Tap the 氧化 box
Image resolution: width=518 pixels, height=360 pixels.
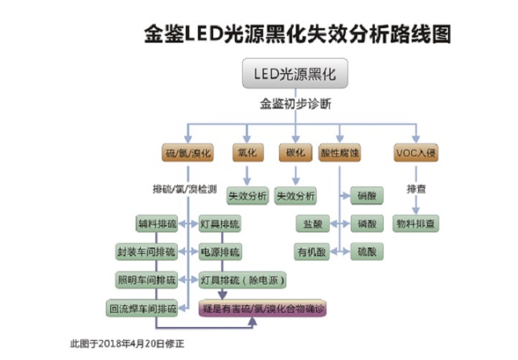(x=246, y=152)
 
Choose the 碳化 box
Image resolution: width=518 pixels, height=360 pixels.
(x=294, y=152)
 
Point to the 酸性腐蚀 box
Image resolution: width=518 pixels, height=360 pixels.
(x=342, y=152)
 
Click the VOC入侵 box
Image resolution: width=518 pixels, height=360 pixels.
(x=416, y=152)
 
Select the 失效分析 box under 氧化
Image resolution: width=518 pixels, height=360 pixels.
(x=247, y=195)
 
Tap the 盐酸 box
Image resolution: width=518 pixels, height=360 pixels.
(x=313, y=223)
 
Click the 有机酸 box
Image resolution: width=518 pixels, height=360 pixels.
(x=312, y=251)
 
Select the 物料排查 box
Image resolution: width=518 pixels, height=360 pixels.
(x=416, y=223)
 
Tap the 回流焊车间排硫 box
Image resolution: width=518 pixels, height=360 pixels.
(x=143, y=308)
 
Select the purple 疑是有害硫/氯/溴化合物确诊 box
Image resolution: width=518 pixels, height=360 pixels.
(x=262, y=308)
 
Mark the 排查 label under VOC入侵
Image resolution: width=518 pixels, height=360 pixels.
(x=416, y=189)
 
